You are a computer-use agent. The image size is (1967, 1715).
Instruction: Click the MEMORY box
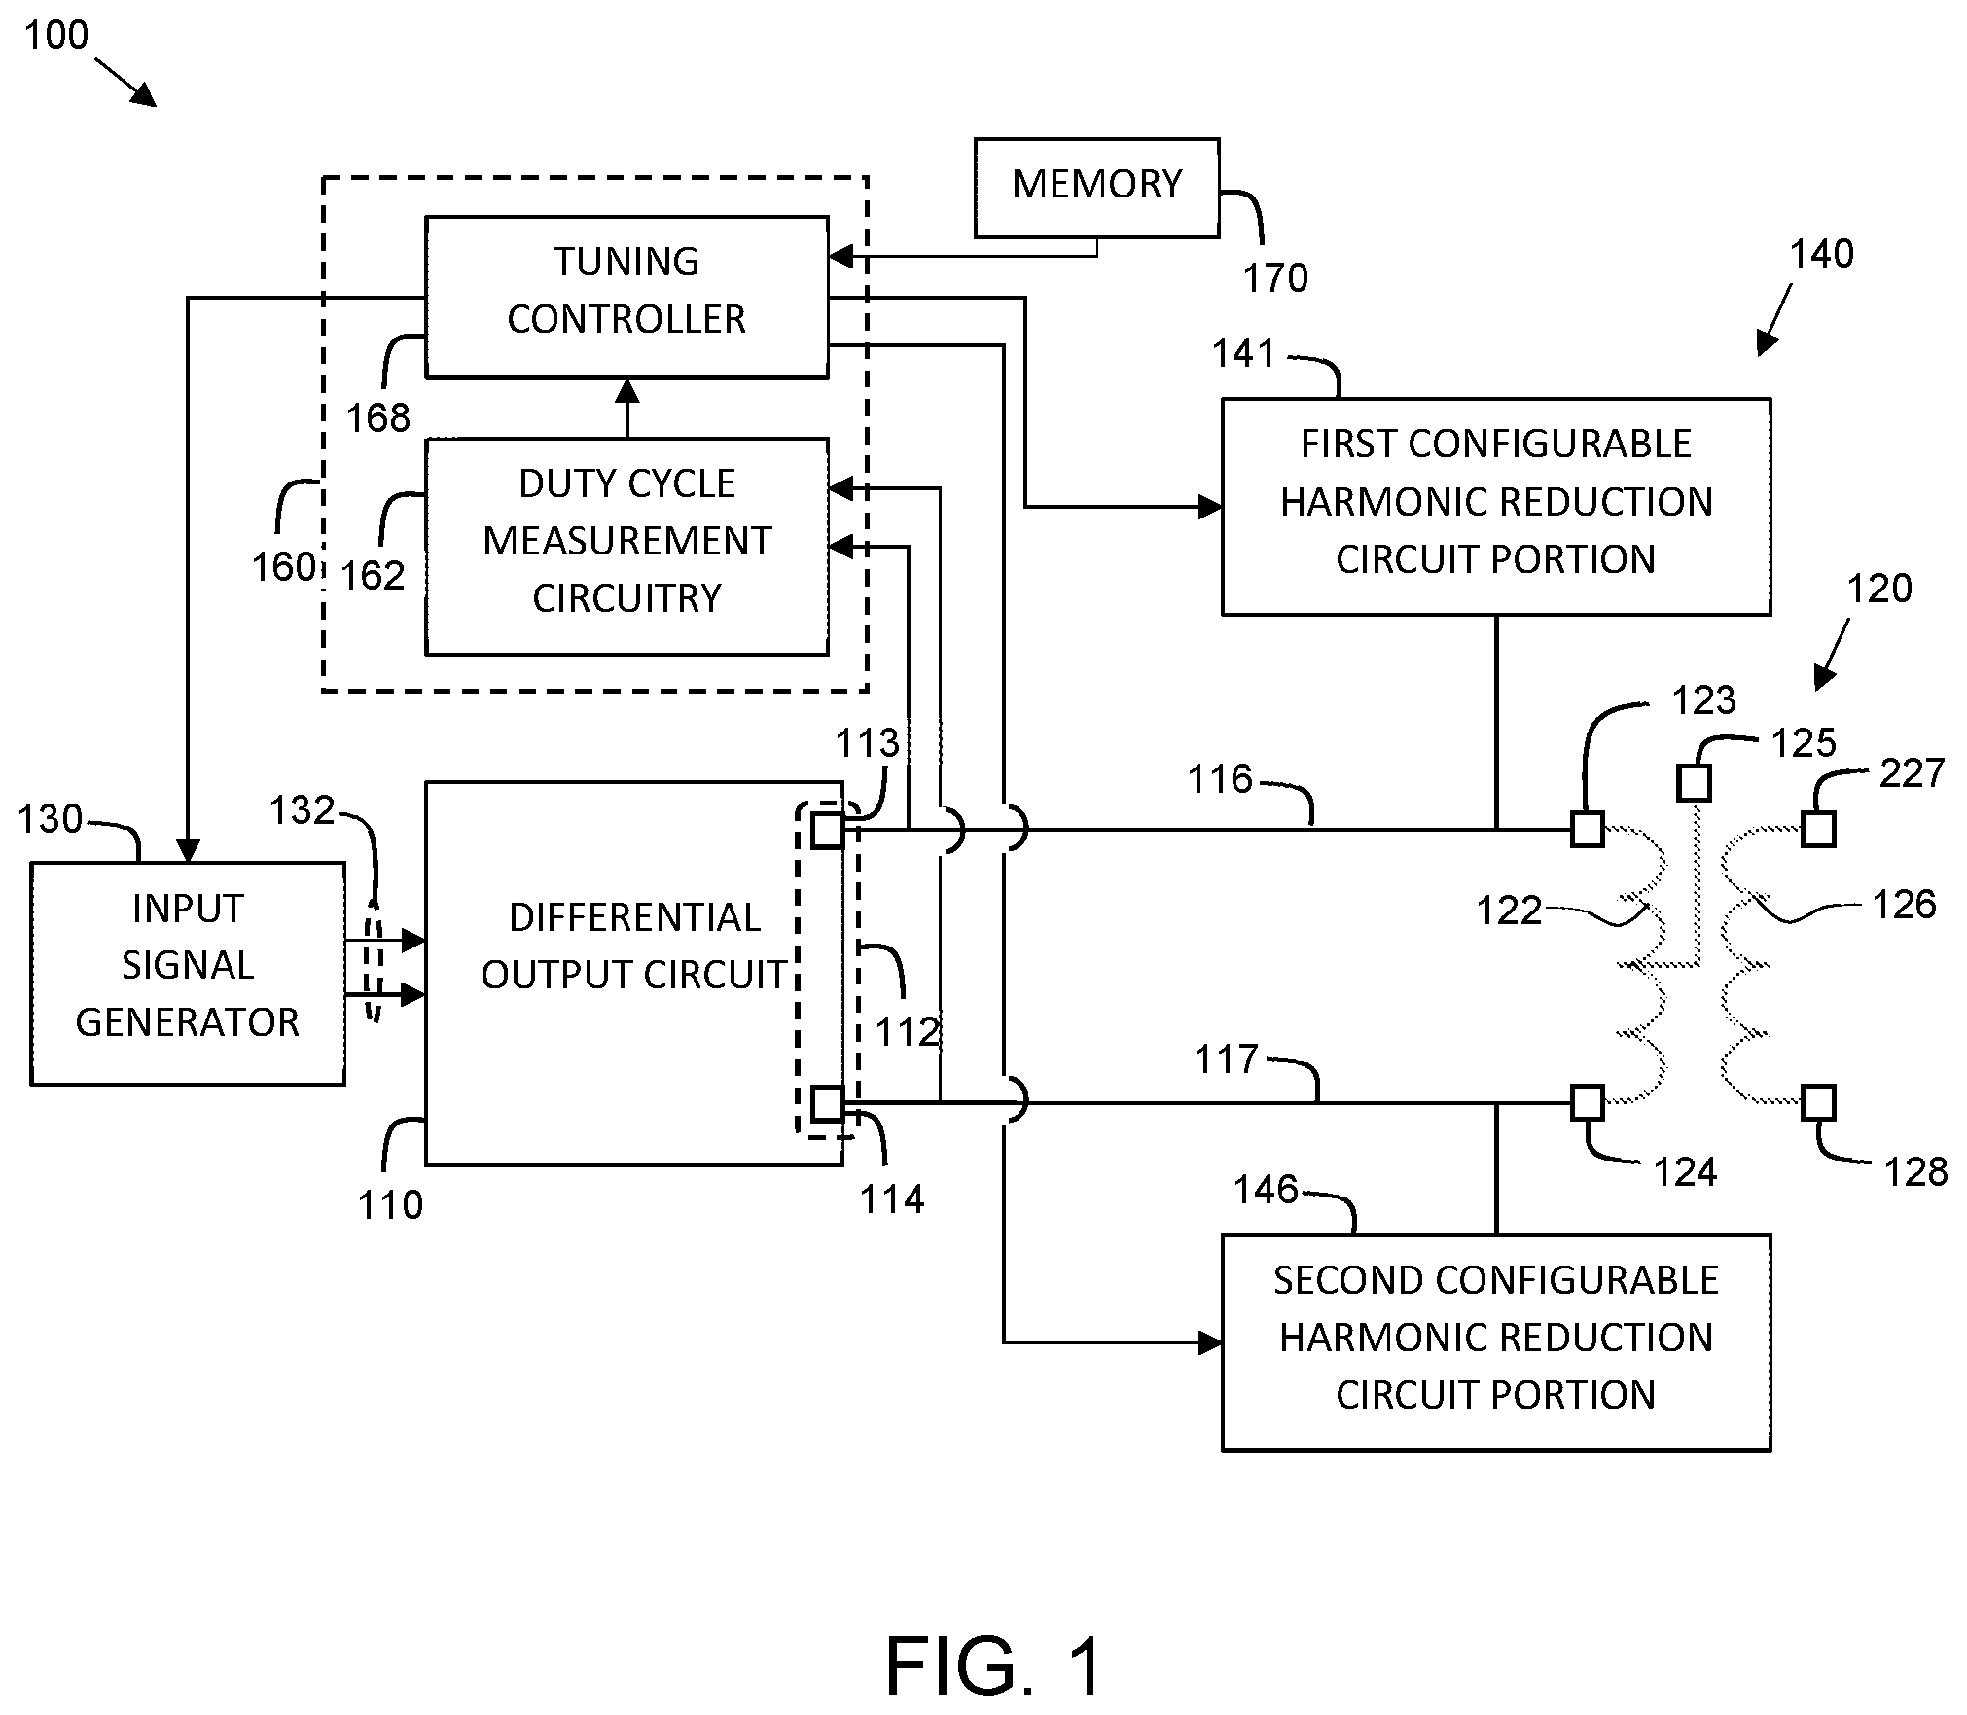(x=1096, y=188)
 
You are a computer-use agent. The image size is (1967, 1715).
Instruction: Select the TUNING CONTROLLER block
(x=626, y=297)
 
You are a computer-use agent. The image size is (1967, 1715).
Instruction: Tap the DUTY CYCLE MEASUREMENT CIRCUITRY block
(x=626, y=547)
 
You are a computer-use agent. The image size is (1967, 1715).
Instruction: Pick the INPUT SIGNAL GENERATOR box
(x=188, y=973)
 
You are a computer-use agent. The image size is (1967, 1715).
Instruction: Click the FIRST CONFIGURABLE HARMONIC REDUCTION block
(x=1496, y=506)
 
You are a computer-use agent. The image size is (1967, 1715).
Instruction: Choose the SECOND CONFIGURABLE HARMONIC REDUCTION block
(x=1496, y=1342)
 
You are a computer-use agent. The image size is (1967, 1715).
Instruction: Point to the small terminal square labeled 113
(x=828, y=830)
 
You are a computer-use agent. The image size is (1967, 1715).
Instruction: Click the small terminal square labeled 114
(x=828, y=1103)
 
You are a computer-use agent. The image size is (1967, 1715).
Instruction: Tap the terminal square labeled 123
(x=1588, y=830)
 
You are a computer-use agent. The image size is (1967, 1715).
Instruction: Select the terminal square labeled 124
(x=1588, y=1103)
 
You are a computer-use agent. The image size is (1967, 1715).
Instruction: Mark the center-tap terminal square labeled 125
(x=1695, y=783)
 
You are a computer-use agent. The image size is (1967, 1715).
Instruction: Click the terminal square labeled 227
(x=1819, y=830)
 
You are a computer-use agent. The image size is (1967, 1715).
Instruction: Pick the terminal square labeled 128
(x=1819, y=1103)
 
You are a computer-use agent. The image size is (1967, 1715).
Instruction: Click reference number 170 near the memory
(x=1275, y=278)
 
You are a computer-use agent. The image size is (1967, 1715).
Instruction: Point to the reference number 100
(x=56, y=35)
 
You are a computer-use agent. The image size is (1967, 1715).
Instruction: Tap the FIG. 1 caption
(x=994, y=1665)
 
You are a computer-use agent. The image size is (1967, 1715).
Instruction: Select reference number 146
(x=1266, y=1189)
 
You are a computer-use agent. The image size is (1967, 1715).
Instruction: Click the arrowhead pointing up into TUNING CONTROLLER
(x=627, y=391)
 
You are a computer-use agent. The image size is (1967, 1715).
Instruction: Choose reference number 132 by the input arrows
(x=302, y=810)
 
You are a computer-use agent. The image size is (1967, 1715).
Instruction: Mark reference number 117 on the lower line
(x=1227, y=1058)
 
